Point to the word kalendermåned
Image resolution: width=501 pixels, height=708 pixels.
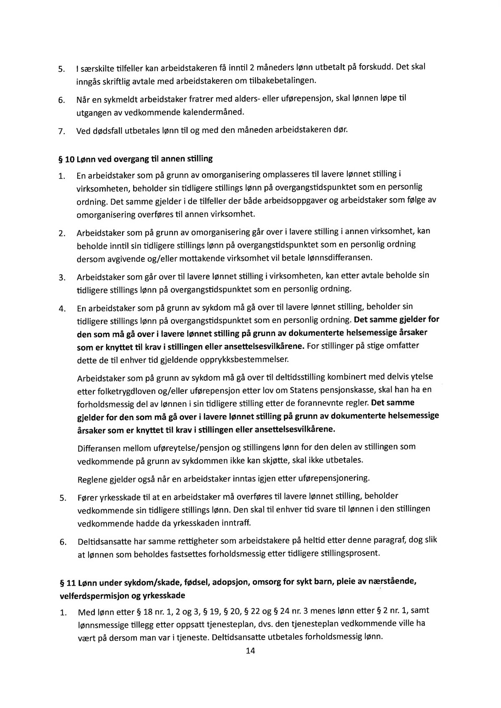pyautogui.click(x=216, y=112)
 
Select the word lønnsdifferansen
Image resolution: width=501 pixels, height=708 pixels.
pyautogui.click(x=339, y=258)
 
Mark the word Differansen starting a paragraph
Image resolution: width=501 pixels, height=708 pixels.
pyautogui.click(x=100, y=449)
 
